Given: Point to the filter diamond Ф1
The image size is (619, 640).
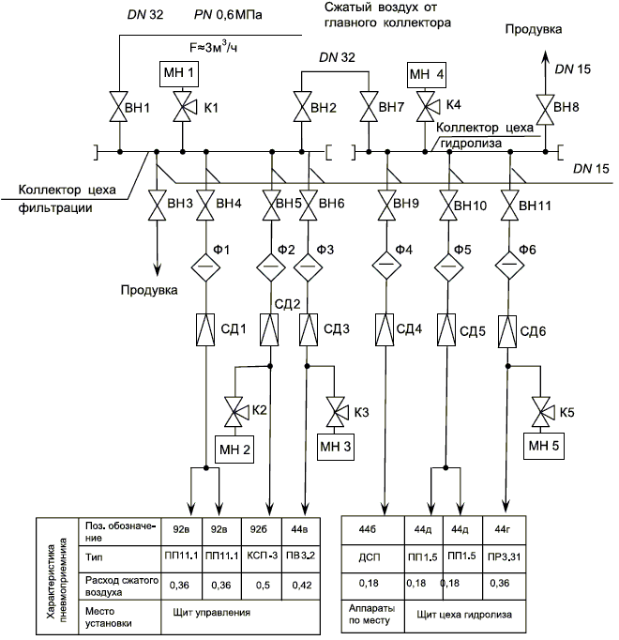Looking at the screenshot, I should click(206, 265).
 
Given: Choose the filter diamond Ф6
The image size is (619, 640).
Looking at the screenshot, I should click(509, 265).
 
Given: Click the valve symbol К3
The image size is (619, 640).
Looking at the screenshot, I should click(334, 412).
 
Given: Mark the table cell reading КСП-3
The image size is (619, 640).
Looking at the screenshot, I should click(264, 556).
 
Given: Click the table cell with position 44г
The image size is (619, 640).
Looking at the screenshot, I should click(504, 529).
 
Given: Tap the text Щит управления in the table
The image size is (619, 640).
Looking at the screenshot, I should click(205, 613).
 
